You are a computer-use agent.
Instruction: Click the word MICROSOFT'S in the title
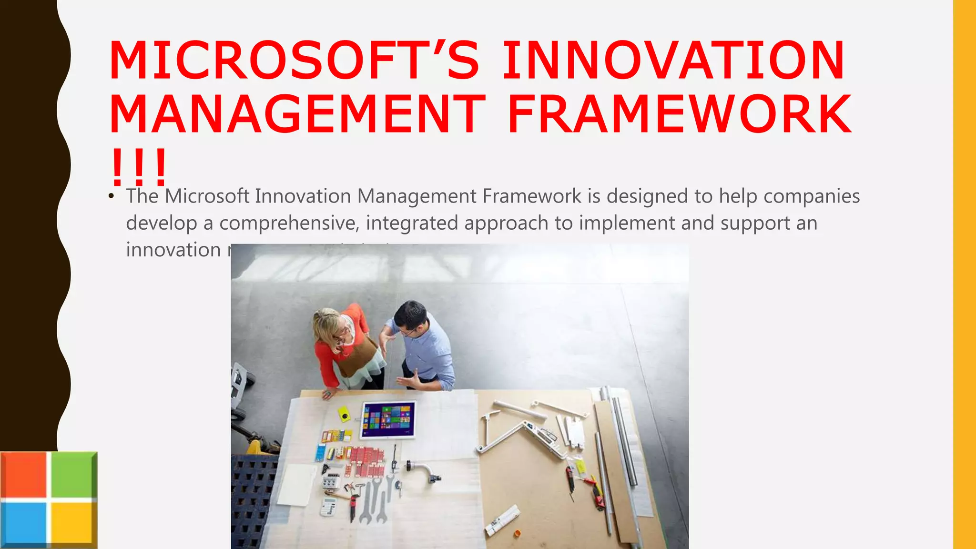click(x=294, y=61)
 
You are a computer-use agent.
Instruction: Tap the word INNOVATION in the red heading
click(x=673, y=61)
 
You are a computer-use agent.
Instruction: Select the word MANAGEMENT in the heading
click(x=297, y=114)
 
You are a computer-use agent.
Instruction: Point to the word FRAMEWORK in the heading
click(x=679, y=114)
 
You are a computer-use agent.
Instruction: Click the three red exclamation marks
click(x=138, y=168)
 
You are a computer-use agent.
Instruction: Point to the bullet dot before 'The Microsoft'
click(x=111, y=196)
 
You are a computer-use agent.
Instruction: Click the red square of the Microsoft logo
click(x=24, y=475)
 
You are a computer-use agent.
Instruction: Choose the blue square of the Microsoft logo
click(x=24, y=523)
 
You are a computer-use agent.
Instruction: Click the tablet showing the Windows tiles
click(x=388, y=420)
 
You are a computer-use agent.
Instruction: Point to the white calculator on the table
click(x=328, y=507)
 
